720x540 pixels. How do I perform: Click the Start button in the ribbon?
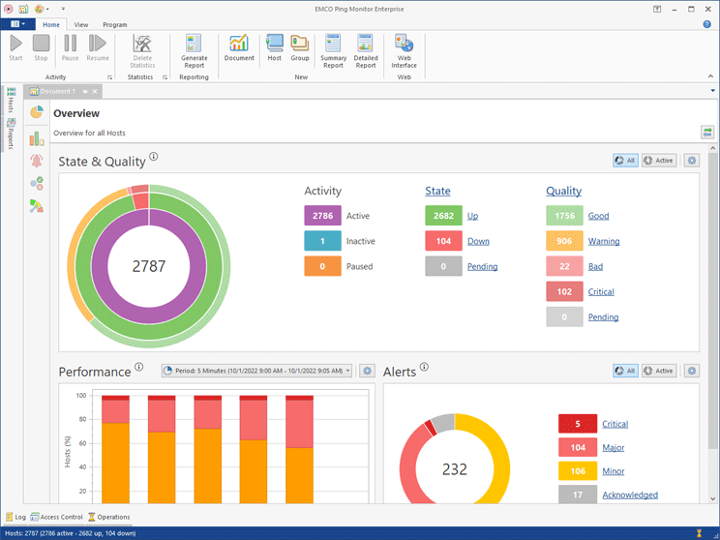[x=15, y=47]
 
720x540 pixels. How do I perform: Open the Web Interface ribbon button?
[x=404, y=49]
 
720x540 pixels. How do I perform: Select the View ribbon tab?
[x=81, y=24]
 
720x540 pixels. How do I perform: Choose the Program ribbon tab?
[x=114, y=24]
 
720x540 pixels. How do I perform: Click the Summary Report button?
[x=333, y=49]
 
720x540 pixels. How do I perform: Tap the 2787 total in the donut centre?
[x=149, y=264]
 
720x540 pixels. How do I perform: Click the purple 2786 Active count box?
[x=322, y=216]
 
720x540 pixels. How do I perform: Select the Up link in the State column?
[x=472, y=216]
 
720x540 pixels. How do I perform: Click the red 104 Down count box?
[x=443, y=241]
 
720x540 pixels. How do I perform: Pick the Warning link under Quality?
[x=604, y=241]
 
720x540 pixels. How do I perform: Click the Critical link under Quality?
[x=601, y=291]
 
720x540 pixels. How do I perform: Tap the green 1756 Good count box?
[x=564, y=216]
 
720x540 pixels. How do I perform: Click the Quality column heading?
[x=563, y=192]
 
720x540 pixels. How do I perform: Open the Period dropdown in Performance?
[x=256, y=371]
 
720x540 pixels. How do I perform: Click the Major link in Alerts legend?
[x=614, y=447]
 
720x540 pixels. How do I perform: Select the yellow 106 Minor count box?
[x=577, y=471]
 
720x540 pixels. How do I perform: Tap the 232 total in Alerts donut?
[x=454, y=469]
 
